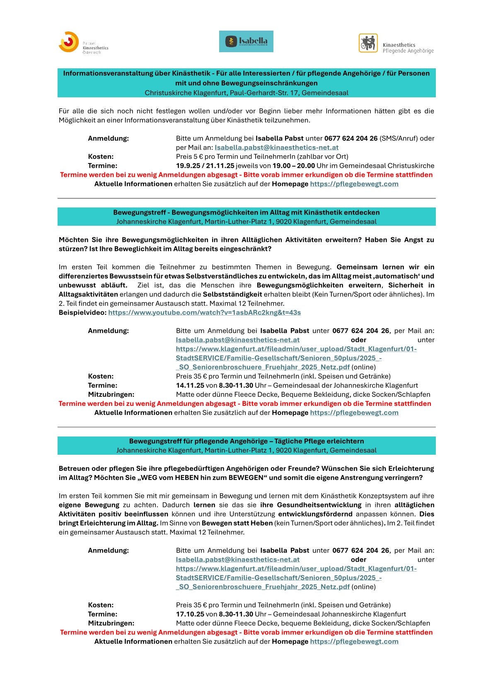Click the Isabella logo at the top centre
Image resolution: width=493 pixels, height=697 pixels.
tap(246, 41)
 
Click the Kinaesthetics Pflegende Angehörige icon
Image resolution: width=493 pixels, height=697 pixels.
tap(368, 43)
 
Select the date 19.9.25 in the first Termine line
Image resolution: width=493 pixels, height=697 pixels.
tap(188, 166)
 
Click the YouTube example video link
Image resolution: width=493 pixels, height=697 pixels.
tap(204, 313)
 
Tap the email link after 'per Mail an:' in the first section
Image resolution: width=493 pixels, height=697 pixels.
tap(276, 147)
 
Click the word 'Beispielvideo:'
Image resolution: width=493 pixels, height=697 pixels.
tap(82, 313)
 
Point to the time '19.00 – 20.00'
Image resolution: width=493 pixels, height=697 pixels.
tap(294, 166)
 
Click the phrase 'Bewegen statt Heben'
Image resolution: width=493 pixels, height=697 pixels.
tap(237, 523)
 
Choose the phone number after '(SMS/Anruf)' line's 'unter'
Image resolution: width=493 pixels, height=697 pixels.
tap(351, 138)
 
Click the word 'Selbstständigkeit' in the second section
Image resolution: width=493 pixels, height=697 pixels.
tap(232, 294)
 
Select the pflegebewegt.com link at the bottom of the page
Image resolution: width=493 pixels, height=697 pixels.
tap(354, 642)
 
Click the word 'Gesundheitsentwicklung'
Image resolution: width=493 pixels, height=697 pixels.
tap(319, 505)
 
